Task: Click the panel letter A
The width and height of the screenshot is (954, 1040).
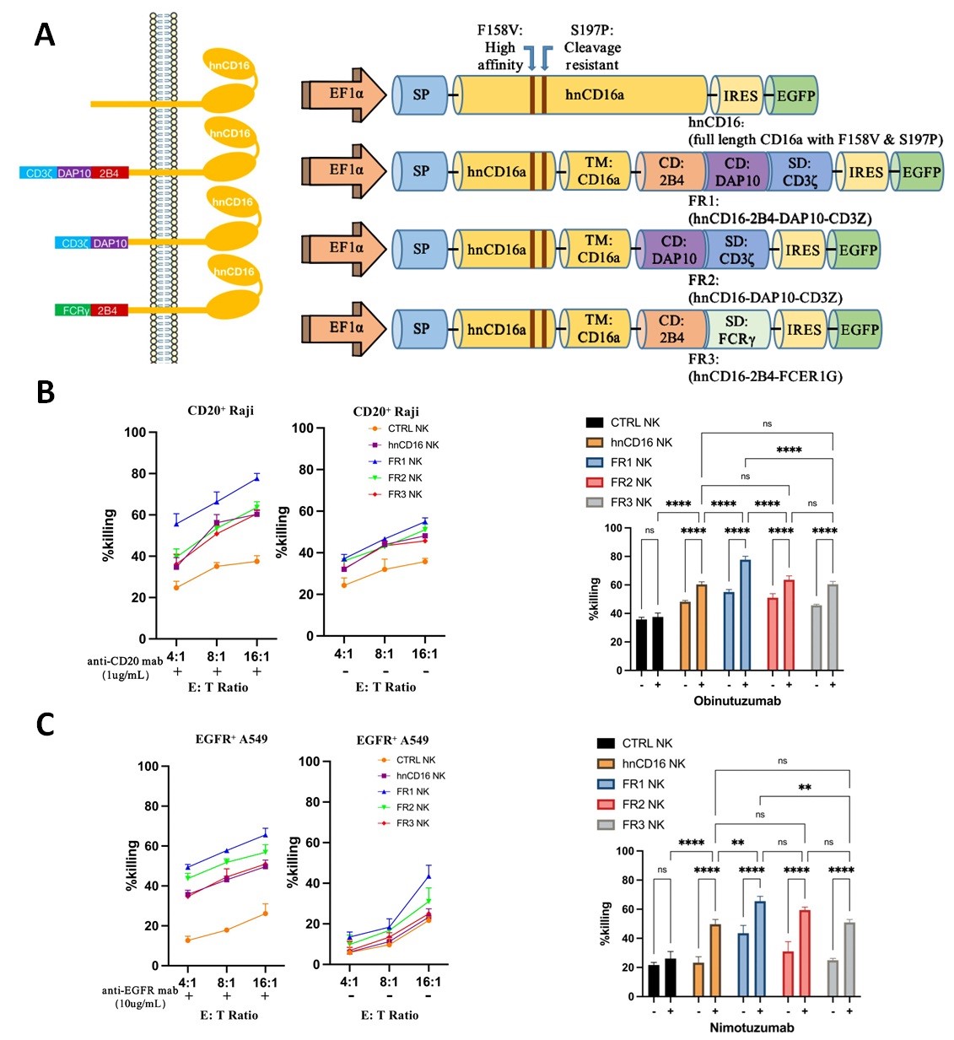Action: [45, 35]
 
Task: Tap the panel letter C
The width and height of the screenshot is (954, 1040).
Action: [45, 725]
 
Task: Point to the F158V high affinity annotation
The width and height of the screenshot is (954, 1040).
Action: [500, 47]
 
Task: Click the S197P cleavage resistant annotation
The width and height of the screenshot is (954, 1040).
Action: [591, 47]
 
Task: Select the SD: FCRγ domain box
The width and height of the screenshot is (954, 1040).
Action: [736, 330]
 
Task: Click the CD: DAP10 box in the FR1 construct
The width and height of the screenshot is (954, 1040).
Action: [737, 171]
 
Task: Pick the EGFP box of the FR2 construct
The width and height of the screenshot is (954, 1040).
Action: [858, 251]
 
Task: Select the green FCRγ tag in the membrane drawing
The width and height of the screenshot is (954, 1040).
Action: [75, 310]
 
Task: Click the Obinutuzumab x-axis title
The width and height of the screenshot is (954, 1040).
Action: [737, 701]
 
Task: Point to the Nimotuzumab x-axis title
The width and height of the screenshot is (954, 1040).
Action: [752, 1027]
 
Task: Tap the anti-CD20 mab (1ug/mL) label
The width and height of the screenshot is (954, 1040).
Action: [125, 667]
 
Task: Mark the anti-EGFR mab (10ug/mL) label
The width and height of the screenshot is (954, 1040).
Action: [140, 996]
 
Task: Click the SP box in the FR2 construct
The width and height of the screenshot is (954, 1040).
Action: [421, 250]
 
